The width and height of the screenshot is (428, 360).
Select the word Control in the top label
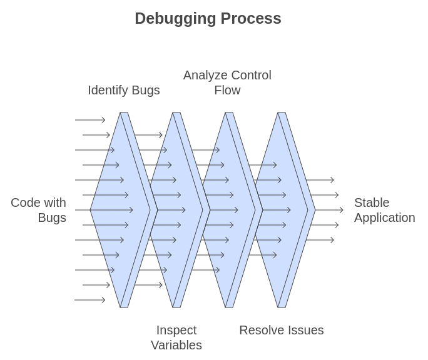pos(250,75)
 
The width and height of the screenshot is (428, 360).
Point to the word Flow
pos(227,90)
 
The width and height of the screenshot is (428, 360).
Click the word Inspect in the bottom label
pos(176,330)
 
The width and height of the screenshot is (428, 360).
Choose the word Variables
pos(176,345)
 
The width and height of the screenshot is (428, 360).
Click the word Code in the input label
pos(26,202)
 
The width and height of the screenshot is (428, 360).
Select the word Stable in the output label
pos(372,202)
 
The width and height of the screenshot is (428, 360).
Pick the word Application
pos(384,217)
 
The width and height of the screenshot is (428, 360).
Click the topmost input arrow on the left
pos(90,120)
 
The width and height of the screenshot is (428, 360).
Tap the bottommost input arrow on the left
pos(90,300)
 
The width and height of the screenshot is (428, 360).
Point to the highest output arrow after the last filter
pos(320,180)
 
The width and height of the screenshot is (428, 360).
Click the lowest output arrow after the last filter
pos(320,240)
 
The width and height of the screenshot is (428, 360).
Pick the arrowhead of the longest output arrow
pos(342,210)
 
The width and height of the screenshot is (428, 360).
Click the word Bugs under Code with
pos(52,217)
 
